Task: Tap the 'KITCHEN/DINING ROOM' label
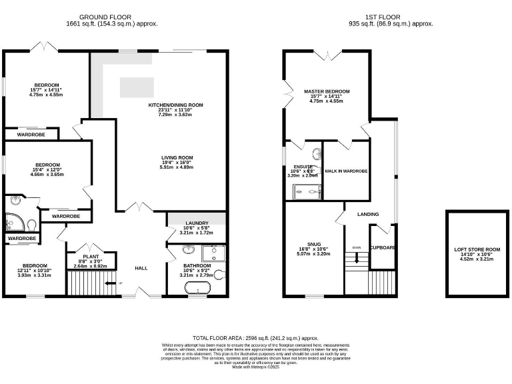(175, 105)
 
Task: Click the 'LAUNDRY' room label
(196, 223)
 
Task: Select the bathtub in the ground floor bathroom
(197, 289)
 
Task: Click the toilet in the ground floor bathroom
(219, 274)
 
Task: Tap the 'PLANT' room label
(91, 256)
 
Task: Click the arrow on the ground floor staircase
(121, 283)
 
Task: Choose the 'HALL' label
(141, 268)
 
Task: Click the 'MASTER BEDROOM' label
(327, 91)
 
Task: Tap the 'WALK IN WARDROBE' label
(346, 171)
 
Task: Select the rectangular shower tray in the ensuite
(307, 192)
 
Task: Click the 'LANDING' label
(368, 214)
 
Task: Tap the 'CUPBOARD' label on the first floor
(383, 247)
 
